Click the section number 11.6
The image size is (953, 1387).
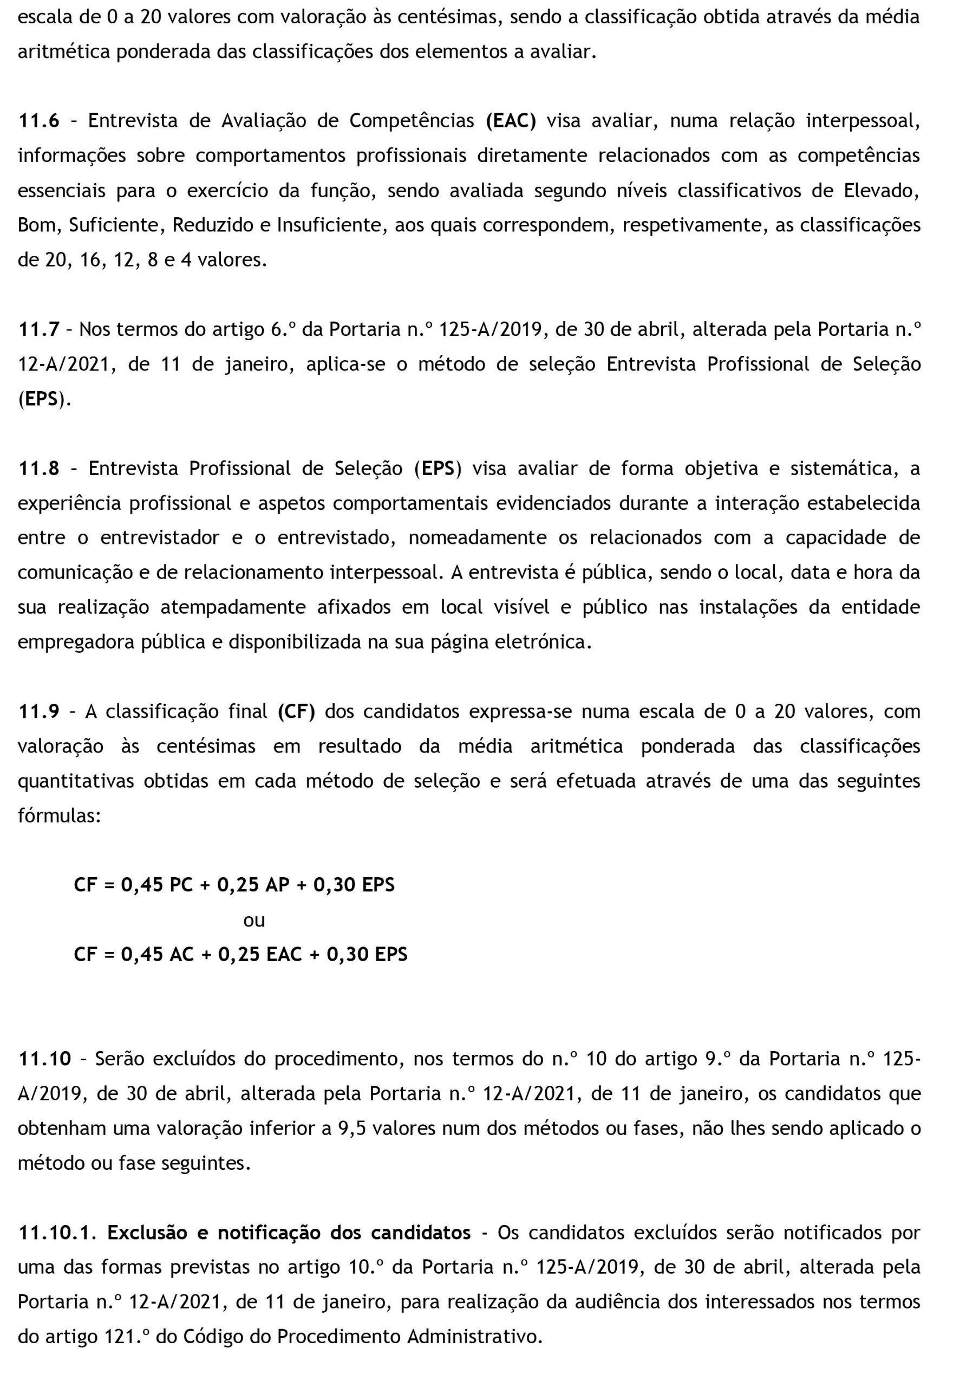(39, 121)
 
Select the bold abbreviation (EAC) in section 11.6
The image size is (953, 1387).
(511, 121)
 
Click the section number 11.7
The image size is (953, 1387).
(39, 329)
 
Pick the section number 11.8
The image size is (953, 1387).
(39, 468)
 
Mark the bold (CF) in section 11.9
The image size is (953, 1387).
(296, 712)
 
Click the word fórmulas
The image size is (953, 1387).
(59, 816)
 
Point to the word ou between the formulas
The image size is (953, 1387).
(254, 921)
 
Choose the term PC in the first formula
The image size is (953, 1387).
(181, 885)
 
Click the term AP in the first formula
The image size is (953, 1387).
(277, 885)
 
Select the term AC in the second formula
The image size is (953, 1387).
(181, 955)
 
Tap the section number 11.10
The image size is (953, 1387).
(45, 1059)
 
